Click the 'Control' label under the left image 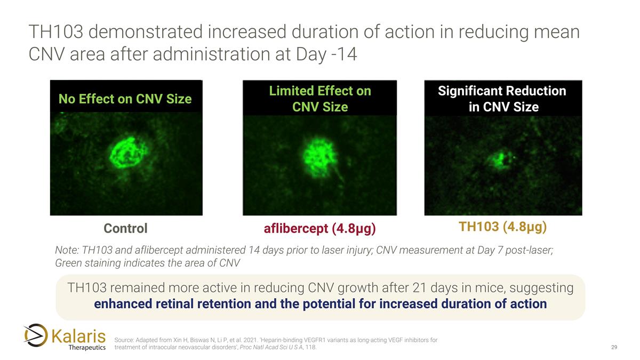point(125,229)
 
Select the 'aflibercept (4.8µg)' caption point(319,229)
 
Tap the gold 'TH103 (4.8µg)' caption point(503,227)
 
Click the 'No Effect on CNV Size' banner point(125,99)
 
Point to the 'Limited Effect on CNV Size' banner point(319,99)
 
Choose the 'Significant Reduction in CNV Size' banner point(502,99)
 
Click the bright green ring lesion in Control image point(129,153)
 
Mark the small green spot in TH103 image point(500,159)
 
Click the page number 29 point(614,348)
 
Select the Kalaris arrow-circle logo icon point(36,335)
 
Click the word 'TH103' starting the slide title point(55,32)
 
